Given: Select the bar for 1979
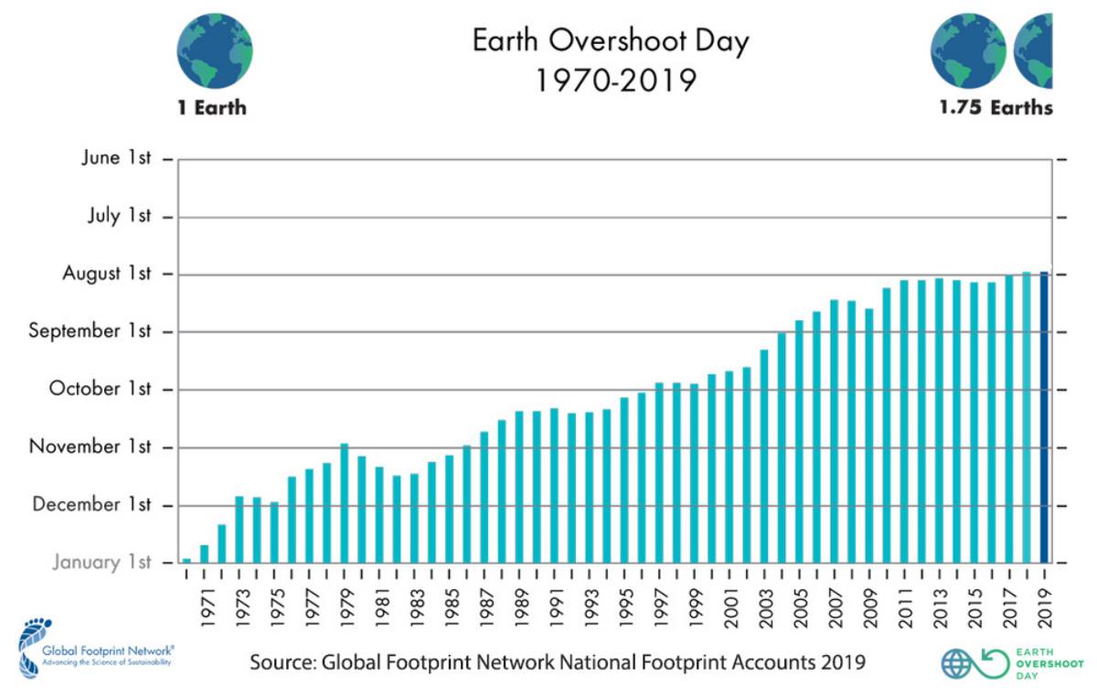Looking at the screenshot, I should [345, 502].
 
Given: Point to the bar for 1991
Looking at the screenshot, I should [554, 485].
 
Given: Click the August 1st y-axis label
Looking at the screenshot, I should [106, 274].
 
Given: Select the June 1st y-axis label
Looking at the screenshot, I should [115, 158].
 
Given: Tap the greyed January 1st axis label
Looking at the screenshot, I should [101, 562].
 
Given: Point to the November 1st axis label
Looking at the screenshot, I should [90, 446].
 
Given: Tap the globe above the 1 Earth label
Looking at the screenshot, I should [214, 50].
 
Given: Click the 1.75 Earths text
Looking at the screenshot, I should [996, 108].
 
